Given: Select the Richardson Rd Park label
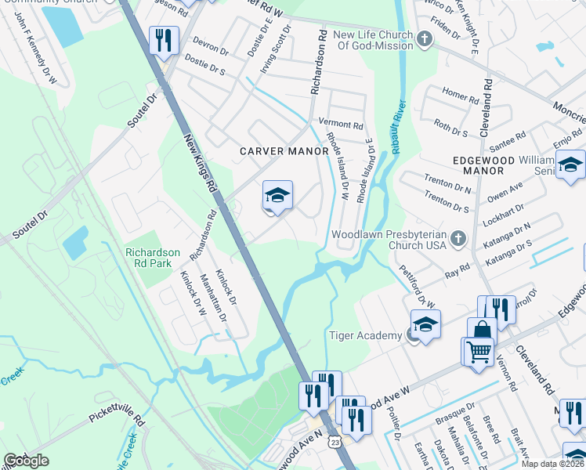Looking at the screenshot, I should [153, 258].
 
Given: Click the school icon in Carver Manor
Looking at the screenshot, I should [277, 195].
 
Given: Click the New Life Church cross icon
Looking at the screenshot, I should [424, 39].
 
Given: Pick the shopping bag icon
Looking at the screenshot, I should [482, 331].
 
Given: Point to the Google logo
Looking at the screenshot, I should [26, 461].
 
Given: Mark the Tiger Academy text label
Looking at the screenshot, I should [364, 336].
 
